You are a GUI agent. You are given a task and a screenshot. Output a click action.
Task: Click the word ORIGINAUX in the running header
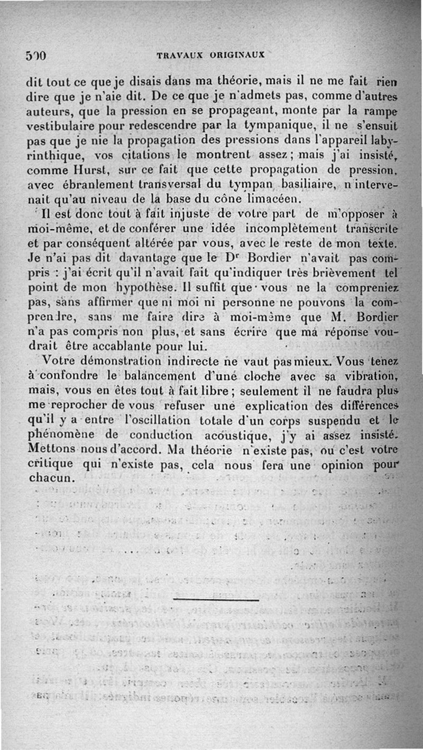(238, 54)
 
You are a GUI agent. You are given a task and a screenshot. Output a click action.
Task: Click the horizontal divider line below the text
(216, 600)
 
